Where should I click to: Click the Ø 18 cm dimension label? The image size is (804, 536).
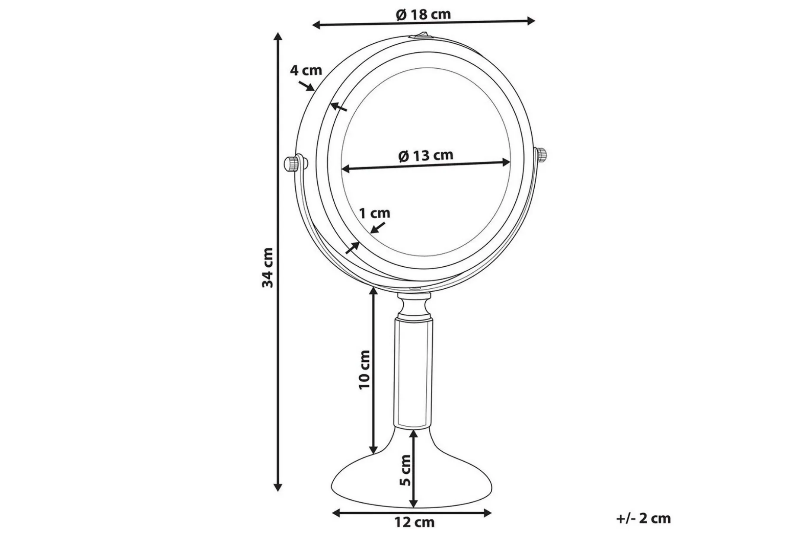pyautogui.click(x=423, y=14)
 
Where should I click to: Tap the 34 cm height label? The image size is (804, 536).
pyautogui.click(x=268, y=268)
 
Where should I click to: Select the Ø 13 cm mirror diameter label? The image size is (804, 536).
pyautogui.click(x=426, y=155)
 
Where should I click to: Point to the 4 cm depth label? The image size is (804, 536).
pyautogui.click(x=306, y=70)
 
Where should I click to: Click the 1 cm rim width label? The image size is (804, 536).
pyautogui.click(x=374, y=213)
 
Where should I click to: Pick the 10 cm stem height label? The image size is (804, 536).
pyautogui.click(x=365, y=370)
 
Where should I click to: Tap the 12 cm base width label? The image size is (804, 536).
pyautogui.click(x=414, y=523)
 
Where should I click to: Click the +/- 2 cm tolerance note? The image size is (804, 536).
pyautogui.click(x=644, y=518)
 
